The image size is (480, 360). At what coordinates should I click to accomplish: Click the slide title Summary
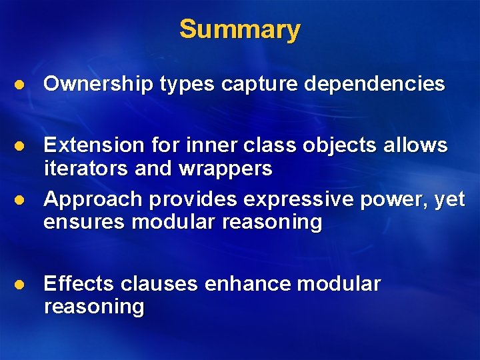pyautogui.click(x=240, y=29)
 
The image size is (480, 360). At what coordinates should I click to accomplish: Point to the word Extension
pyautogui.click(x=93, y=145)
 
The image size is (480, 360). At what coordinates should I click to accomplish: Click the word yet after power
pyautogui.click(x=449, y=199)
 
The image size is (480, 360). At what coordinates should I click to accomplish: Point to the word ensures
pyautogui.click(x=85, y=222)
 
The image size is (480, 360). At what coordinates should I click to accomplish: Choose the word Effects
pyautogui.click(x=79, y=284)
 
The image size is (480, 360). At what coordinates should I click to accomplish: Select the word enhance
pyautogui.click(x=248, y=284)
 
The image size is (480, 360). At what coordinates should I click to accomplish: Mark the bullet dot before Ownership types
pyautogui.click(x=21, y=85)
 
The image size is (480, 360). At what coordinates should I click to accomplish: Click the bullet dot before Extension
pyautogui.click(x=21, y=146)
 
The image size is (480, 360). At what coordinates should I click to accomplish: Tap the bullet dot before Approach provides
pyautogui.click(x=21, y=200)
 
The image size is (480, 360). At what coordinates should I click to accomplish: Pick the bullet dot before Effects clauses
pyautogui.click(x=21, y=285)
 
